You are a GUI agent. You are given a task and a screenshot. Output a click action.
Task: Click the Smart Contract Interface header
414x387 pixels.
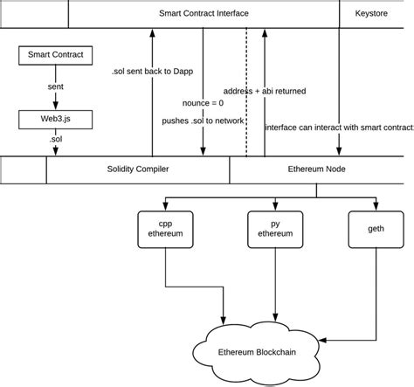tap(204, 13)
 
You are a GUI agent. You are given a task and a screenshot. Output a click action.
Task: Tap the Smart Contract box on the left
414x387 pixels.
tap(56, 55)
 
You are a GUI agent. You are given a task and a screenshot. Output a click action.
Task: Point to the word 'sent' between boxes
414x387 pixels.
tap(56, 88)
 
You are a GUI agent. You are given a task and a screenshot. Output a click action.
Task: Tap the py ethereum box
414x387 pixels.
tap(276, 229)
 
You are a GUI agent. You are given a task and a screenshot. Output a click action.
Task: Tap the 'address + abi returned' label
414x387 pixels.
tap(270, 90)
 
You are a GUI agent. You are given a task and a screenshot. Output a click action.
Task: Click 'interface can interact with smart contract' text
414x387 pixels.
tap(339, 128)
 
